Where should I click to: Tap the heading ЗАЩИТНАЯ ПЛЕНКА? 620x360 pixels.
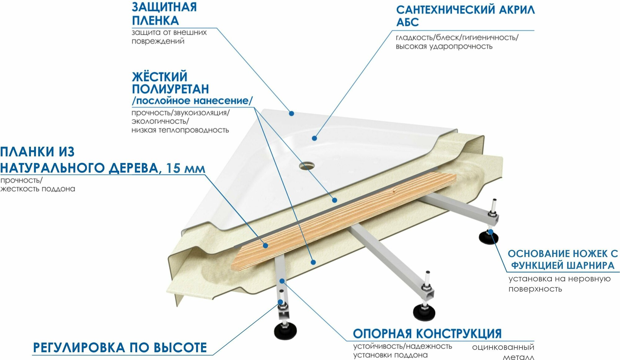(x=164, y=14)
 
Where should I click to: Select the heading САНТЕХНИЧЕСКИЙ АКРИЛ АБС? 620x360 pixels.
(x=465, y=16)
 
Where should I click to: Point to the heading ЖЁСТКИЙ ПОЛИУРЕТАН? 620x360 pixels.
(x=170, y=83)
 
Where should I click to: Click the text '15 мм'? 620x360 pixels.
(x=185, y=168)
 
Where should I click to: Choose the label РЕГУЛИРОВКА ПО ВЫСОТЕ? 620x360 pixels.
(x=120, y=348)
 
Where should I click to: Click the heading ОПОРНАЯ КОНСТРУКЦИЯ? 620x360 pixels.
(x=427, y=334)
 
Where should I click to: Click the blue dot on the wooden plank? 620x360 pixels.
(x=265, y=246)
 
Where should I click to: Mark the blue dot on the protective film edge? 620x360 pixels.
(x=291, y=114)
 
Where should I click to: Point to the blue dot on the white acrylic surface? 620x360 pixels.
(x=314, y=138)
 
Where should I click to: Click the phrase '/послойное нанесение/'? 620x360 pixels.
(x=192, y=101)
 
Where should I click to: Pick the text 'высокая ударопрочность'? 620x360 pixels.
(x=444, y=46)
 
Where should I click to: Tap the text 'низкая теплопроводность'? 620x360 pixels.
(x=180, y=130)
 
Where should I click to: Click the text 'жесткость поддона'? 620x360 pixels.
(x=38, y=189)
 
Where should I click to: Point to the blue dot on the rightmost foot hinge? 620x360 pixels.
(x=490, y=231)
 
